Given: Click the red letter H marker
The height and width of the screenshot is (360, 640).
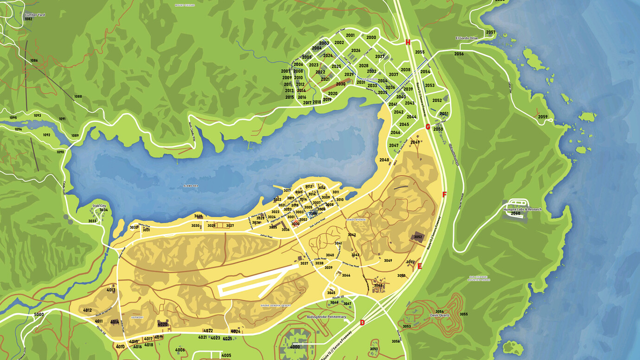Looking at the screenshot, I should pos(408,42).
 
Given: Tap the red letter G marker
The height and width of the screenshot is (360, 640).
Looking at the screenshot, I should pos(428,127).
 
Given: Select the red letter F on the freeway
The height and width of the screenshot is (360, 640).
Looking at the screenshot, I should pos(444,194).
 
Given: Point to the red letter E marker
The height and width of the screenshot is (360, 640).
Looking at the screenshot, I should pos(420,266).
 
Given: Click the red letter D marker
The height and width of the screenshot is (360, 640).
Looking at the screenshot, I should pos(362,323).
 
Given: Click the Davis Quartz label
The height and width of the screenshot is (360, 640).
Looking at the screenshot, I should pos(440,315).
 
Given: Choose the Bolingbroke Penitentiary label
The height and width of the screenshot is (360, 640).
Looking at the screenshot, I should pos(326,317).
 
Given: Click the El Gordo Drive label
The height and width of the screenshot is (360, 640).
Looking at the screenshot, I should pos(467,38).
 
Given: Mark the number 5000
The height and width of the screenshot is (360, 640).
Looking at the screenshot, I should pos(39,315).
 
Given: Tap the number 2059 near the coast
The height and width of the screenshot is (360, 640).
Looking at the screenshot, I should pos(543,117).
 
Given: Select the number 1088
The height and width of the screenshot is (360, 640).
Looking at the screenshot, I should pos(78,96).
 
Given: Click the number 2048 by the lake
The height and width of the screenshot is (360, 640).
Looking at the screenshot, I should pos(384,160).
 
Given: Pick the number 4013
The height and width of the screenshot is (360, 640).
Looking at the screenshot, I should pos(111,290).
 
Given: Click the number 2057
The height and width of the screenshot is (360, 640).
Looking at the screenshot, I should pos(491,32).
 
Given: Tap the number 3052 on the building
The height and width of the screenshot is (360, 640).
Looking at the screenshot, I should pos(418,237).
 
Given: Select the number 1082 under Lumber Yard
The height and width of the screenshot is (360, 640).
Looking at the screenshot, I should pos(29,19).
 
